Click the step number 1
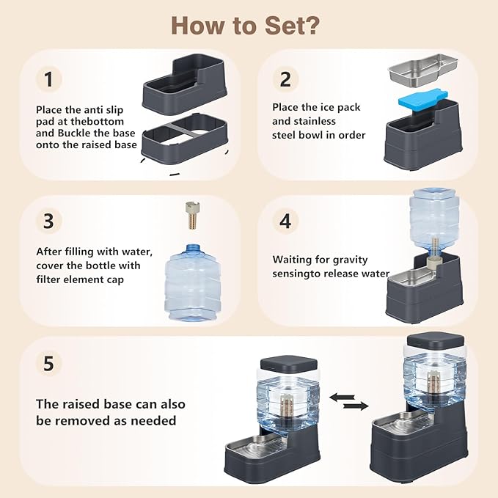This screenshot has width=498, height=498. pyautogui.click(x=48, y=79)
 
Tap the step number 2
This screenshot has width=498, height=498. pyautogui.click(x=285, y=79)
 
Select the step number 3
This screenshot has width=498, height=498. pyautogui.click(x=48, y=221)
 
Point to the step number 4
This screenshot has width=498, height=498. pyautogui.click(x=285, y=221)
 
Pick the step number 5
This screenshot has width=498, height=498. pyautogui.click(x=48, y=363)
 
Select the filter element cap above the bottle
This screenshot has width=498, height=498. pyautogui.click(x=193, y=215)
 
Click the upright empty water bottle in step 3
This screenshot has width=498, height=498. pyautogui.click(x=193, y=282)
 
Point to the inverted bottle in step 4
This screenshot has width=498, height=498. pyautogui.click(x=434, y=222)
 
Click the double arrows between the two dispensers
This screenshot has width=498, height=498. pyautogui.click(x=348, y=401)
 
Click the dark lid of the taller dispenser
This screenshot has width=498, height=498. pyautogui.click(x=436, y=340)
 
